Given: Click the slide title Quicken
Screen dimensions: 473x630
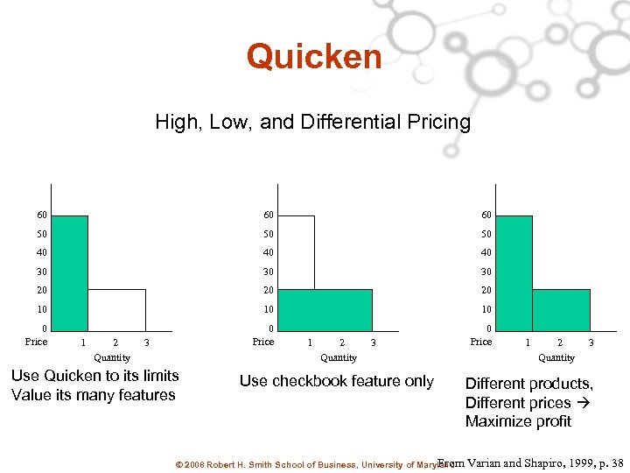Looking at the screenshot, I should point(314,57).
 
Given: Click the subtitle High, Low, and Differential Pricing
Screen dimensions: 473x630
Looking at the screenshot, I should point(312,122).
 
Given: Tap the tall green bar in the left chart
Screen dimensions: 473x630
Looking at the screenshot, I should point(70,272).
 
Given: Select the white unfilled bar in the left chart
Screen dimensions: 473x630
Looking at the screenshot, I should point(116,308).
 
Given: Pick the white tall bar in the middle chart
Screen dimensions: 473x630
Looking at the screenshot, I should point(297,252).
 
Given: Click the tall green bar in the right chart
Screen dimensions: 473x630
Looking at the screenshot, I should point(514,272).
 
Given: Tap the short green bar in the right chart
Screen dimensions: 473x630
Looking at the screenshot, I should point(560,308).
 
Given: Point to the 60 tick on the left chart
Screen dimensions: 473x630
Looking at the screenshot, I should point(41,215).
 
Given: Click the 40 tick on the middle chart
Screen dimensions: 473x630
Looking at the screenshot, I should point(268,253).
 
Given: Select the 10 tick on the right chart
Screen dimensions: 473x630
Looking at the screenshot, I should point(486,309).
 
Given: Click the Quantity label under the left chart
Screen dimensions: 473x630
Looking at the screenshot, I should point(112,357).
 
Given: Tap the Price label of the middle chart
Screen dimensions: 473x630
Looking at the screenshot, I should point(263,342).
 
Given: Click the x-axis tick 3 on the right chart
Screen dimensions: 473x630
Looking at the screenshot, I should point(591,342).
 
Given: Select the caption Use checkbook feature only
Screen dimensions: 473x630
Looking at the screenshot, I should point(337,381).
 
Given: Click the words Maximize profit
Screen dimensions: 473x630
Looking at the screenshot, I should point(518,421).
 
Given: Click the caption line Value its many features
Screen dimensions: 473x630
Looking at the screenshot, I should point(94,395).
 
